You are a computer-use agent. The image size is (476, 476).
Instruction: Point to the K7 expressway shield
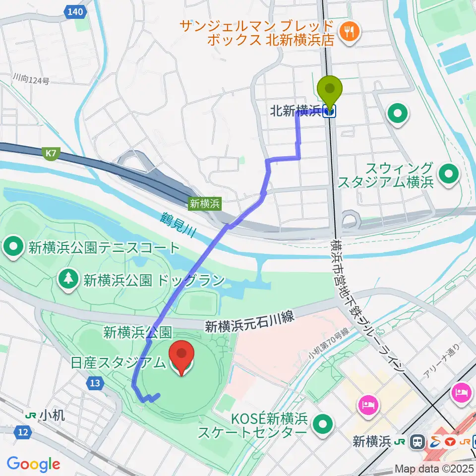[x=51, y=155]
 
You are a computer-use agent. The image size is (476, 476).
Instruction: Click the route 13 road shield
[x=95, y=382]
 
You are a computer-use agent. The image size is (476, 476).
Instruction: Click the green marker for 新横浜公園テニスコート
[x=13, y=247]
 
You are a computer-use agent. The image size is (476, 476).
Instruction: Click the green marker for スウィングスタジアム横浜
[x=449, y=175]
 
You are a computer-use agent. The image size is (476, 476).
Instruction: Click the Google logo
[x=33, y=464]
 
